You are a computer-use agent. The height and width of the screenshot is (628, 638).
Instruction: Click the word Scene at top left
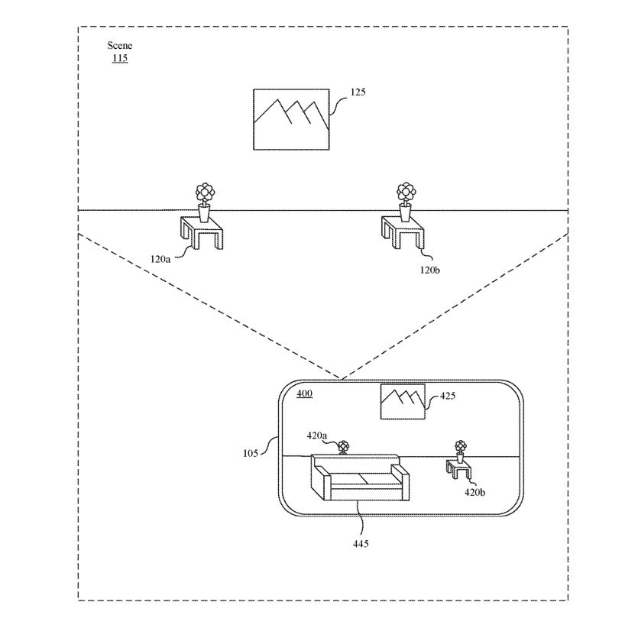pyautogui.click(x=120, y=46)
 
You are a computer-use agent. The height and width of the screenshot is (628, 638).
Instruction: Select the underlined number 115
pyautogui.click(x=120, y=58)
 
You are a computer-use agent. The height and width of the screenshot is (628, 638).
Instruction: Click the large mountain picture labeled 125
pyautogui.click(x=292, y=120)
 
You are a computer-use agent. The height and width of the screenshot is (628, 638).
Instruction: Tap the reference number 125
pyautogui.click(x=358, y=92)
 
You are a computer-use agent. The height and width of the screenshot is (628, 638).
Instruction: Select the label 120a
pyautogui.click(x=161, y=260)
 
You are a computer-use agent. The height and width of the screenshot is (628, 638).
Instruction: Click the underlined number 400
pyautogui.click(x=304, y=393)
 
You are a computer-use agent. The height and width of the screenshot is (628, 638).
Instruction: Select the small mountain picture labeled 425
pyautogui.click(x=403, y=402)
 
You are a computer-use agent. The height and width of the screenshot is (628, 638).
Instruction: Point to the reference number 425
pyautogui.click(x=449, y=397)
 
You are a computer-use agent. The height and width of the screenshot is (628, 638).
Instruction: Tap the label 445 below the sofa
pyautogui.click(x=361, y=544)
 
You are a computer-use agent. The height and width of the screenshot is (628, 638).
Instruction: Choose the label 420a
pyautogui.click(x=317, y=435)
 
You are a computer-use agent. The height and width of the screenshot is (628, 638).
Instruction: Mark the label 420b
pyautogui.click(x=474, y=492)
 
